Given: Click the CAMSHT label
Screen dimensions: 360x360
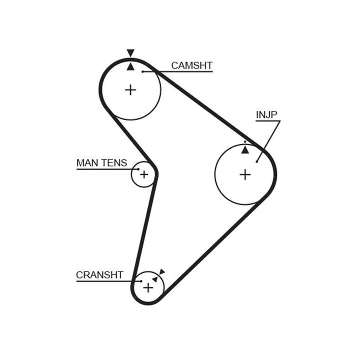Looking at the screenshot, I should (x=191, y=65).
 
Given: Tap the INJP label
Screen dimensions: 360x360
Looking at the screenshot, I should (x=266, y=115).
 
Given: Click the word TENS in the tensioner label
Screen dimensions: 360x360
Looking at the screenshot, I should (x=114, y=163).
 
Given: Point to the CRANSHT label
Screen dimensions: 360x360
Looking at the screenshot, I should (x=99, y=275).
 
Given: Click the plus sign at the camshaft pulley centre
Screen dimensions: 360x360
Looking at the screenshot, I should (x=130, y=90).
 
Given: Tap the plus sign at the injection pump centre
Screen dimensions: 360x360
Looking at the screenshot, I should (x=245, y=174).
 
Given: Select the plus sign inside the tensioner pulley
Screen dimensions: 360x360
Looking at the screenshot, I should (x=144, y=174).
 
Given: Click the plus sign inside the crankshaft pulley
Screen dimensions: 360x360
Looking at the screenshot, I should (x=148, y=288).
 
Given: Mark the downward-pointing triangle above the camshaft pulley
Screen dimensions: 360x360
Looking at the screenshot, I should (x=130, y=52).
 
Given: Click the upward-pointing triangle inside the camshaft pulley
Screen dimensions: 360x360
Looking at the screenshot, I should (x=130, y=66).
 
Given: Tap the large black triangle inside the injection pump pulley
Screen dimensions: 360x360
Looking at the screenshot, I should (x=245, y=149).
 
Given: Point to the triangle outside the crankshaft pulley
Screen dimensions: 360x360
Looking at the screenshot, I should (x=161, y=271).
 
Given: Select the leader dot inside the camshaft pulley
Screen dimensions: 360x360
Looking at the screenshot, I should (x=142, y=72).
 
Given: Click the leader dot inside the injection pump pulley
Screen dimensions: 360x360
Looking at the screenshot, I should (x=256, y=161).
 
